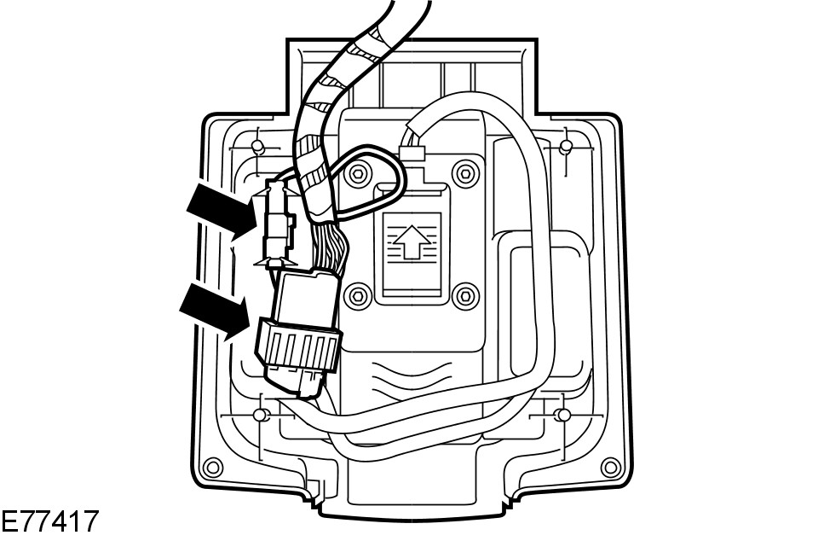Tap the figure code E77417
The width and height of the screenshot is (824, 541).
coord(49,522)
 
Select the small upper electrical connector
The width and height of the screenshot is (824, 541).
coord(278,226)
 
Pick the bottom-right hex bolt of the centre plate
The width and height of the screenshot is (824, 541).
coord(464,295)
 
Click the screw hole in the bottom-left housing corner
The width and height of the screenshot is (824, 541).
coord(213,467)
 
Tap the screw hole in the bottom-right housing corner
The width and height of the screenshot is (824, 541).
coord(609,467)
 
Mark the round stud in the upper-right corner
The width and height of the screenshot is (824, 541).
coord(565,148)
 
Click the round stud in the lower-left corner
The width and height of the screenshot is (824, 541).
coord(262,415)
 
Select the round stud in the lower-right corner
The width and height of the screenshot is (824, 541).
coord(562,415)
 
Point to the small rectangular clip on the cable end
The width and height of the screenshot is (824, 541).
coord(411,154)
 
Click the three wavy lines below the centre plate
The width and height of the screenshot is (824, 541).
coord(413,375)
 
